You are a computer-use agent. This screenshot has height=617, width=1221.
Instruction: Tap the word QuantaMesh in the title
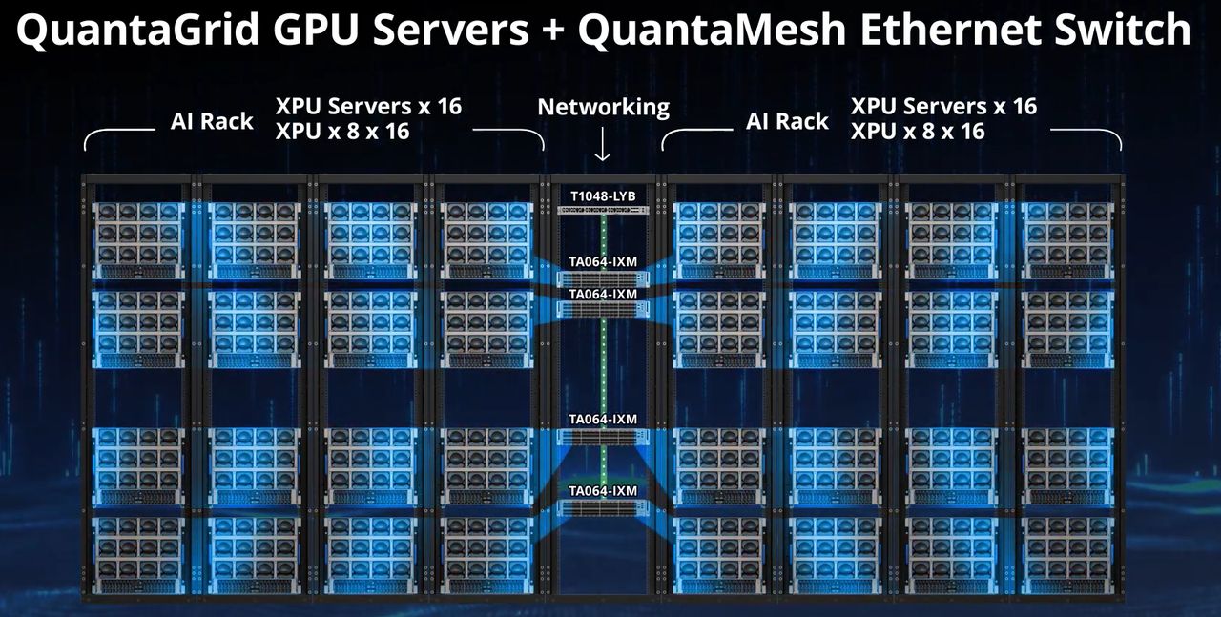(x=711, y=31)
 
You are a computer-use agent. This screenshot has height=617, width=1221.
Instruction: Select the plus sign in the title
(x=553, y=32)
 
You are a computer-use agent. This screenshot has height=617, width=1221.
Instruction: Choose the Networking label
(x=603, y=107)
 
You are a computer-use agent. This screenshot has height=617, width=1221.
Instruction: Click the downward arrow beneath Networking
(x=603, y=145)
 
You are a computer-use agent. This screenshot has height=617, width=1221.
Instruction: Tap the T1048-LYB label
(x=603, y=196)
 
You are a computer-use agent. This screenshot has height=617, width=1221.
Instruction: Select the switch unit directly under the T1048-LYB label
(x=603, y=210)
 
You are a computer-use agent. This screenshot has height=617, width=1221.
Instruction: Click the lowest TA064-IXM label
(x=603, y=491)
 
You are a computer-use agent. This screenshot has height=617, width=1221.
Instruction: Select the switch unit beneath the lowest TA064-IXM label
(x=603, y=506)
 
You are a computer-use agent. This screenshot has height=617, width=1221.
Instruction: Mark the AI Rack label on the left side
(x=212, y=121)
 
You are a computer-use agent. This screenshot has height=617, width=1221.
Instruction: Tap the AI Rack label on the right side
(x=787, y=121)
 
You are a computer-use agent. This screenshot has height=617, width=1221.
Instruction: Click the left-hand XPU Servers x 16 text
(x=368, y=106)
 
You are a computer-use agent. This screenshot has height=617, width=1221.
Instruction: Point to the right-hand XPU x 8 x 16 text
(x=917, y=131)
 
